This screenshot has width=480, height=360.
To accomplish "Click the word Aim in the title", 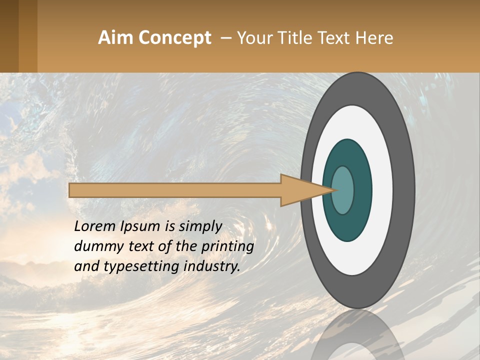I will point(115,38).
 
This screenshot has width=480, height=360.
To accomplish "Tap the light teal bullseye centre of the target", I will point(343,190).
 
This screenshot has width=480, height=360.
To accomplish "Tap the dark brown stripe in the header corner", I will point(9,36).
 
